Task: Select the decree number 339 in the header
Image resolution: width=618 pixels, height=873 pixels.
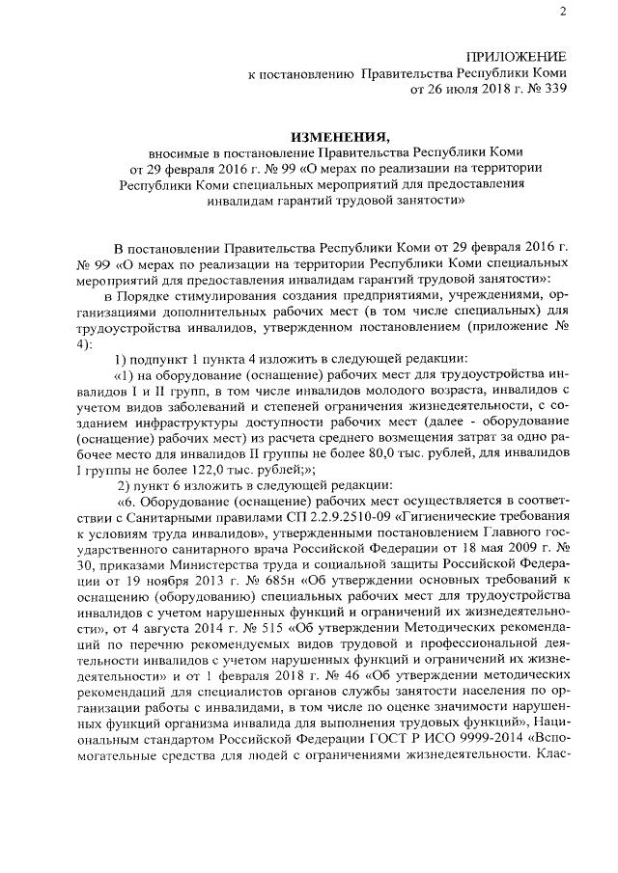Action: pyautogui.click(x=552, y=90)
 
